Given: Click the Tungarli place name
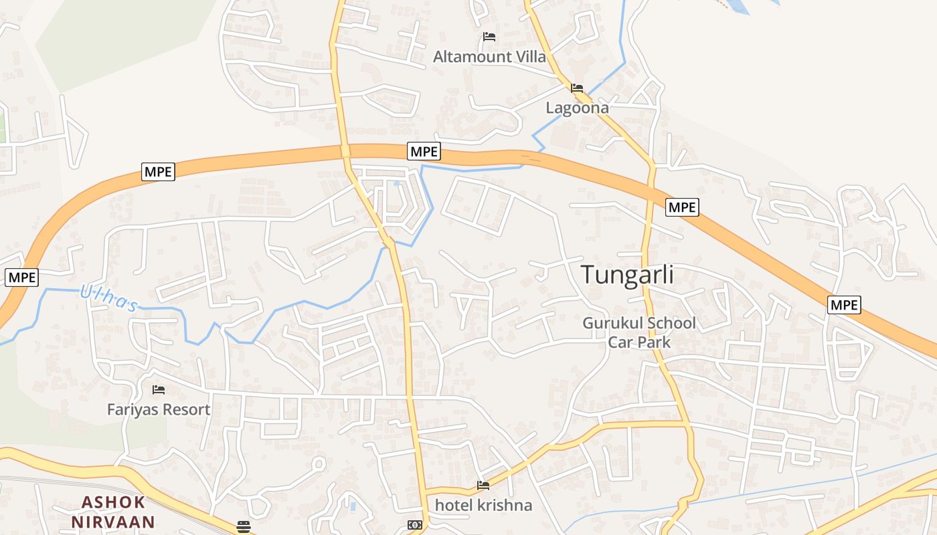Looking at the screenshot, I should pyautogui.click(x=627, y=275).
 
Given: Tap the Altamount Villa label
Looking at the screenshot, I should pyautogui.click(x=489, y=57).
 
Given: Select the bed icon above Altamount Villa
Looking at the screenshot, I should pyautogui.click(x=489, y=37).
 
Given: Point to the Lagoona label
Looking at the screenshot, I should pyautogui.click(x=577, y=108).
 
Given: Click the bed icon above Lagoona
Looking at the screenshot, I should pyautogui.click(x=577, y=88).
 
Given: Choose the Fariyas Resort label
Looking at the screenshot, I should pyautogui.click(x=159, y=409).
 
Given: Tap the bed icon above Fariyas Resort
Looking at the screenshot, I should pyautogui.click(x=159, y=389).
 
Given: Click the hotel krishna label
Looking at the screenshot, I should pyautogui.click(x=483, y=505).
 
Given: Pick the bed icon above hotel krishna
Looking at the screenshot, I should pyautogui.click(x=483, y=485).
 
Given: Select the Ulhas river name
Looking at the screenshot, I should pyautogui.click(x=108, y=299).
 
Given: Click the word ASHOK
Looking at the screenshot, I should pyautogui.click(x=113, y=502).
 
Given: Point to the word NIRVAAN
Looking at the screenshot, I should pyautogui.click(x=113, y=522).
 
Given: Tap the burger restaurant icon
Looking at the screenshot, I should pyautogui.click(x=243, y=526).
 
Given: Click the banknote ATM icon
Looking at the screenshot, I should pyautogui.click(x=415, y=525).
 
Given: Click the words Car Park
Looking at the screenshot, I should pyautogui.click(x=639, y=342).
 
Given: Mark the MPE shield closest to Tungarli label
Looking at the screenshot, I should pyautogui.click(x=682, y=207).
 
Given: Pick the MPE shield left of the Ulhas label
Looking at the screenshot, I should pyautogui.click(x=21, y=277).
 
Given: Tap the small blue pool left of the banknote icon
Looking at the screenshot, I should pyautogui.click(x=353, y=506).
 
